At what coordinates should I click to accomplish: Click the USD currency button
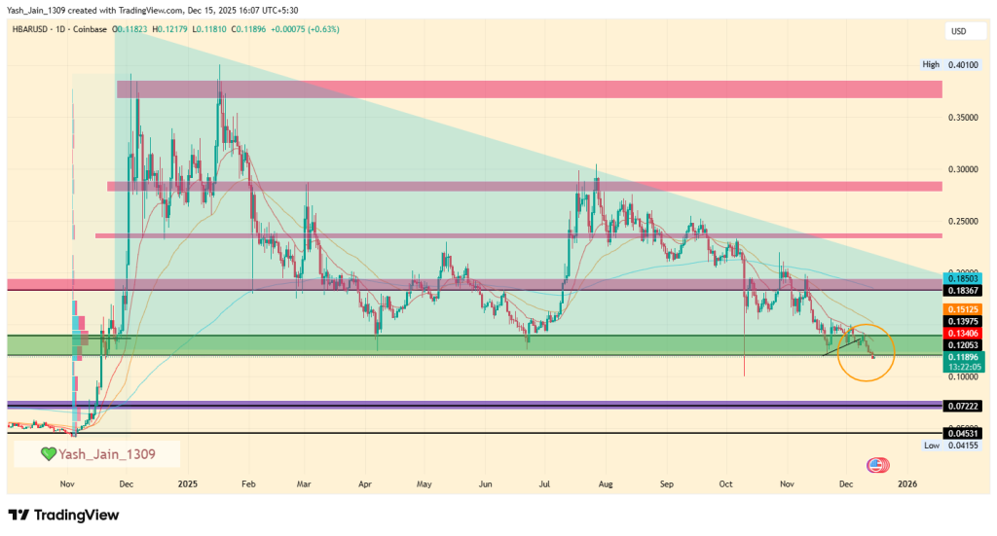tap(959, 32)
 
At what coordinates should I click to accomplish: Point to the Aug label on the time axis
tap(606, 483)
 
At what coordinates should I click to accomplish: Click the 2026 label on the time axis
tap(906, 483)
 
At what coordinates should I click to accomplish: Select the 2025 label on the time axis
tap(188, 483)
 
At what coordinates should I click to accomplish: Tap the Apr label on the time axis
tap(365, 483)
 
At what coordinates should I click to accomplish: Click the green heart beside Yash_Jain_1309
tap(48, 453)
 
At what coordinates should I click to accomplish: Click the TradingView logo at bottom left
tap(68, 514)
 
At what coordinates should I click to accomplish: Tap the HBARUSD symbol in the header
tap(33, 30)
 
